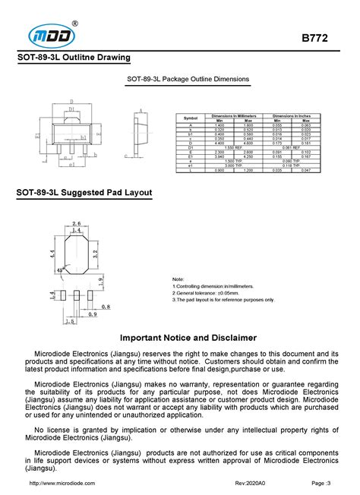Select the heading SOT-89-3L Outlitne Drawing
click(74, 58)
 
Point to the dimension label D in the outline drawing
click(71, 100)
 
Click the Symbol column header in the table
click(191, 118)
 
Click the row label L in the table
click(191, 169)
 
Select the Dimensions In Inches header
click(292, 115)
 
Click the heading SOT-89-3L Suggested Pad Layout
click(84, 194)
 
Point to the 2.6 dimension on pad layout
click(76, 223)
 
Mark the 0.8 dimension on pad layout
click(105, 306)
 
